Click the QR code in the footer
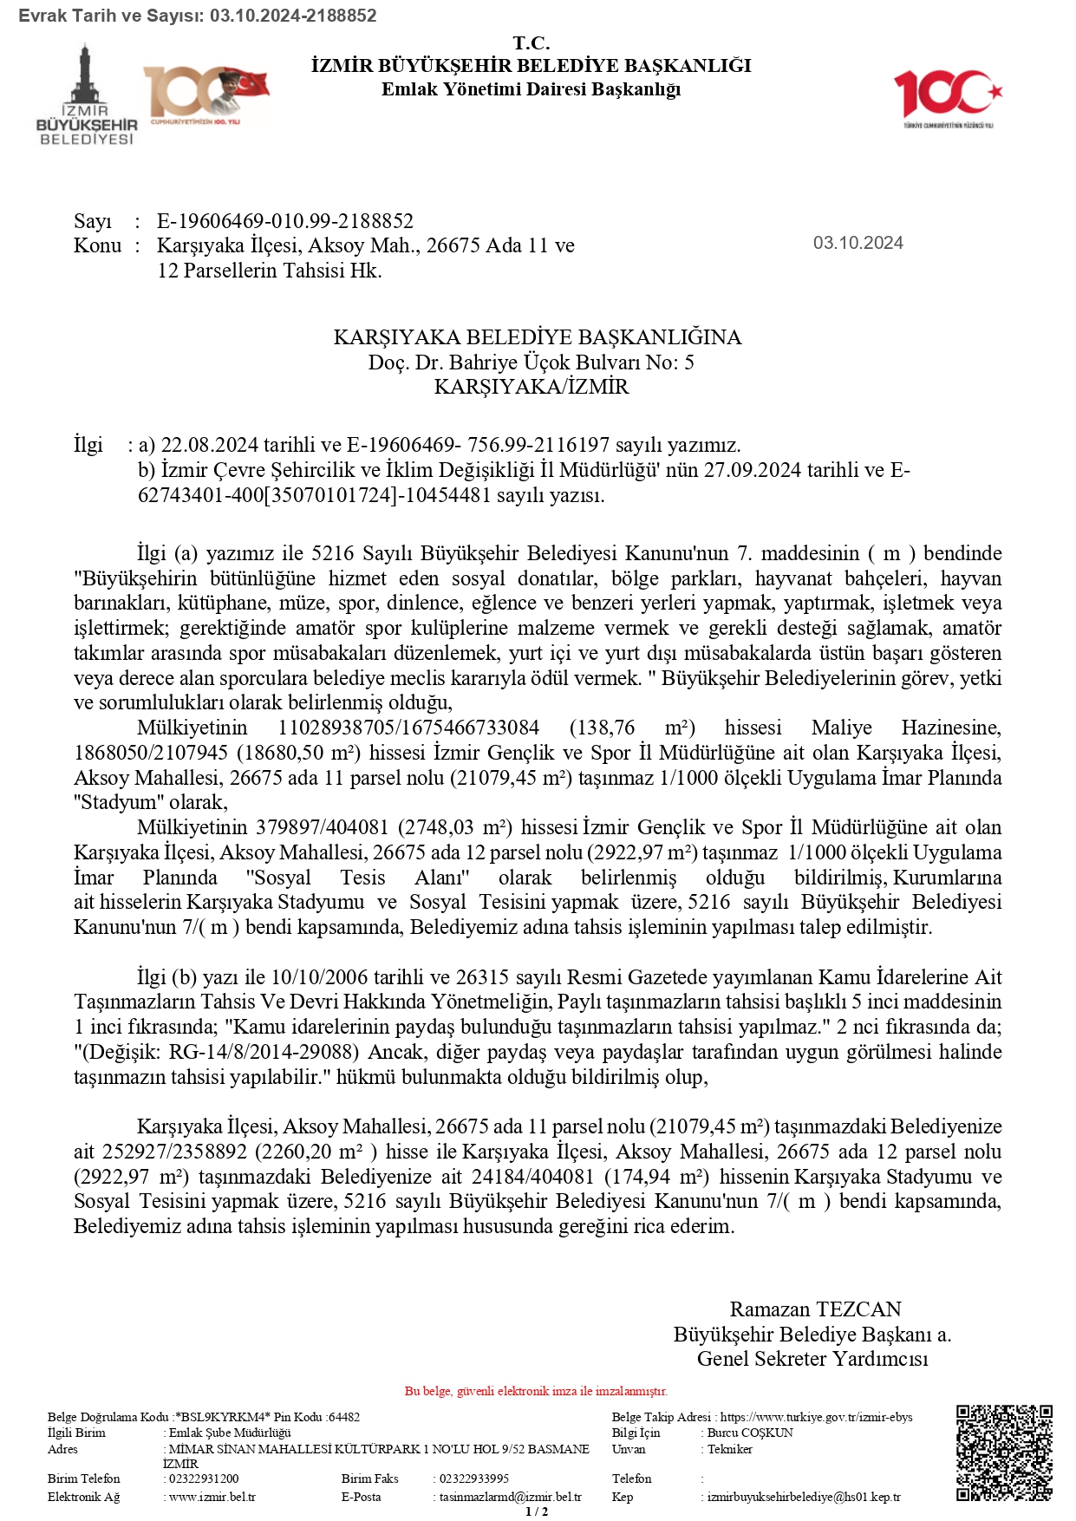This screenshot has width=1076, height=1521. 1004,1452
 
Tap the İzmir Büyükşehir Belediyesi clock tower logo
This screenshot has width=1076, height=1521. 86,95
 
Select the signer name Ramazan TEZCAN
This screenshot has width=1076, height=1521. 815,1309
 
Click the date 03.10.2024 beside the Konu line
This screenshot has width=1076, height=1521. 858,243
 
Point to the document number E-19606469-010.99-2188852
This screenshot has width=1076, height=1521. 285,221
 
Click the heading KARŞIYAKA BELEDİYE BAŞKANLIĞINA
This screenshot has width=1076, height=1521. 537,337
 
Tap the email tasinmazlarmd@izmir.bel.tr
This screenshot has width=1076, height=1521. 510,1497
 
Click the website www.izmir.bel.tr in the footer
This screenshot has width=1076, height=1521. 212,1497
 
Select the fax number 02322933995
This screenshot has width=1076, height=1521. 474,1479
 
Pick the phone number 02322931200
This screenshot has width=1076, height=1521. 204,1479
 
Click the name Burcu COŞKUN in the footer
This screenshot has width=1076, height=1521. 750,1433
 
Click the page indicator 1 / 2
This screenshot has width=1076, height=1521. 537,1511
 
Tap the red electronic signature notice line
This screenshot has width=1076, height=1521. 536,1391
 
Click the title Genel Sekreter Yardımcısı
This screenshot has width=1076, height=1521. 812,1359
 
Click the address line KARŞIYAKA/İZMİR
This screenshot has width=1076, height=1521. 531,387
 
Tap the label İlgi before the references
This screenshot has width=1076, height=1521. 88,445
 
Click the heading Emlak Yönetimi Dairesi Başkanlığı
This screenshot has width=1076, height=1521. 531,88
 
